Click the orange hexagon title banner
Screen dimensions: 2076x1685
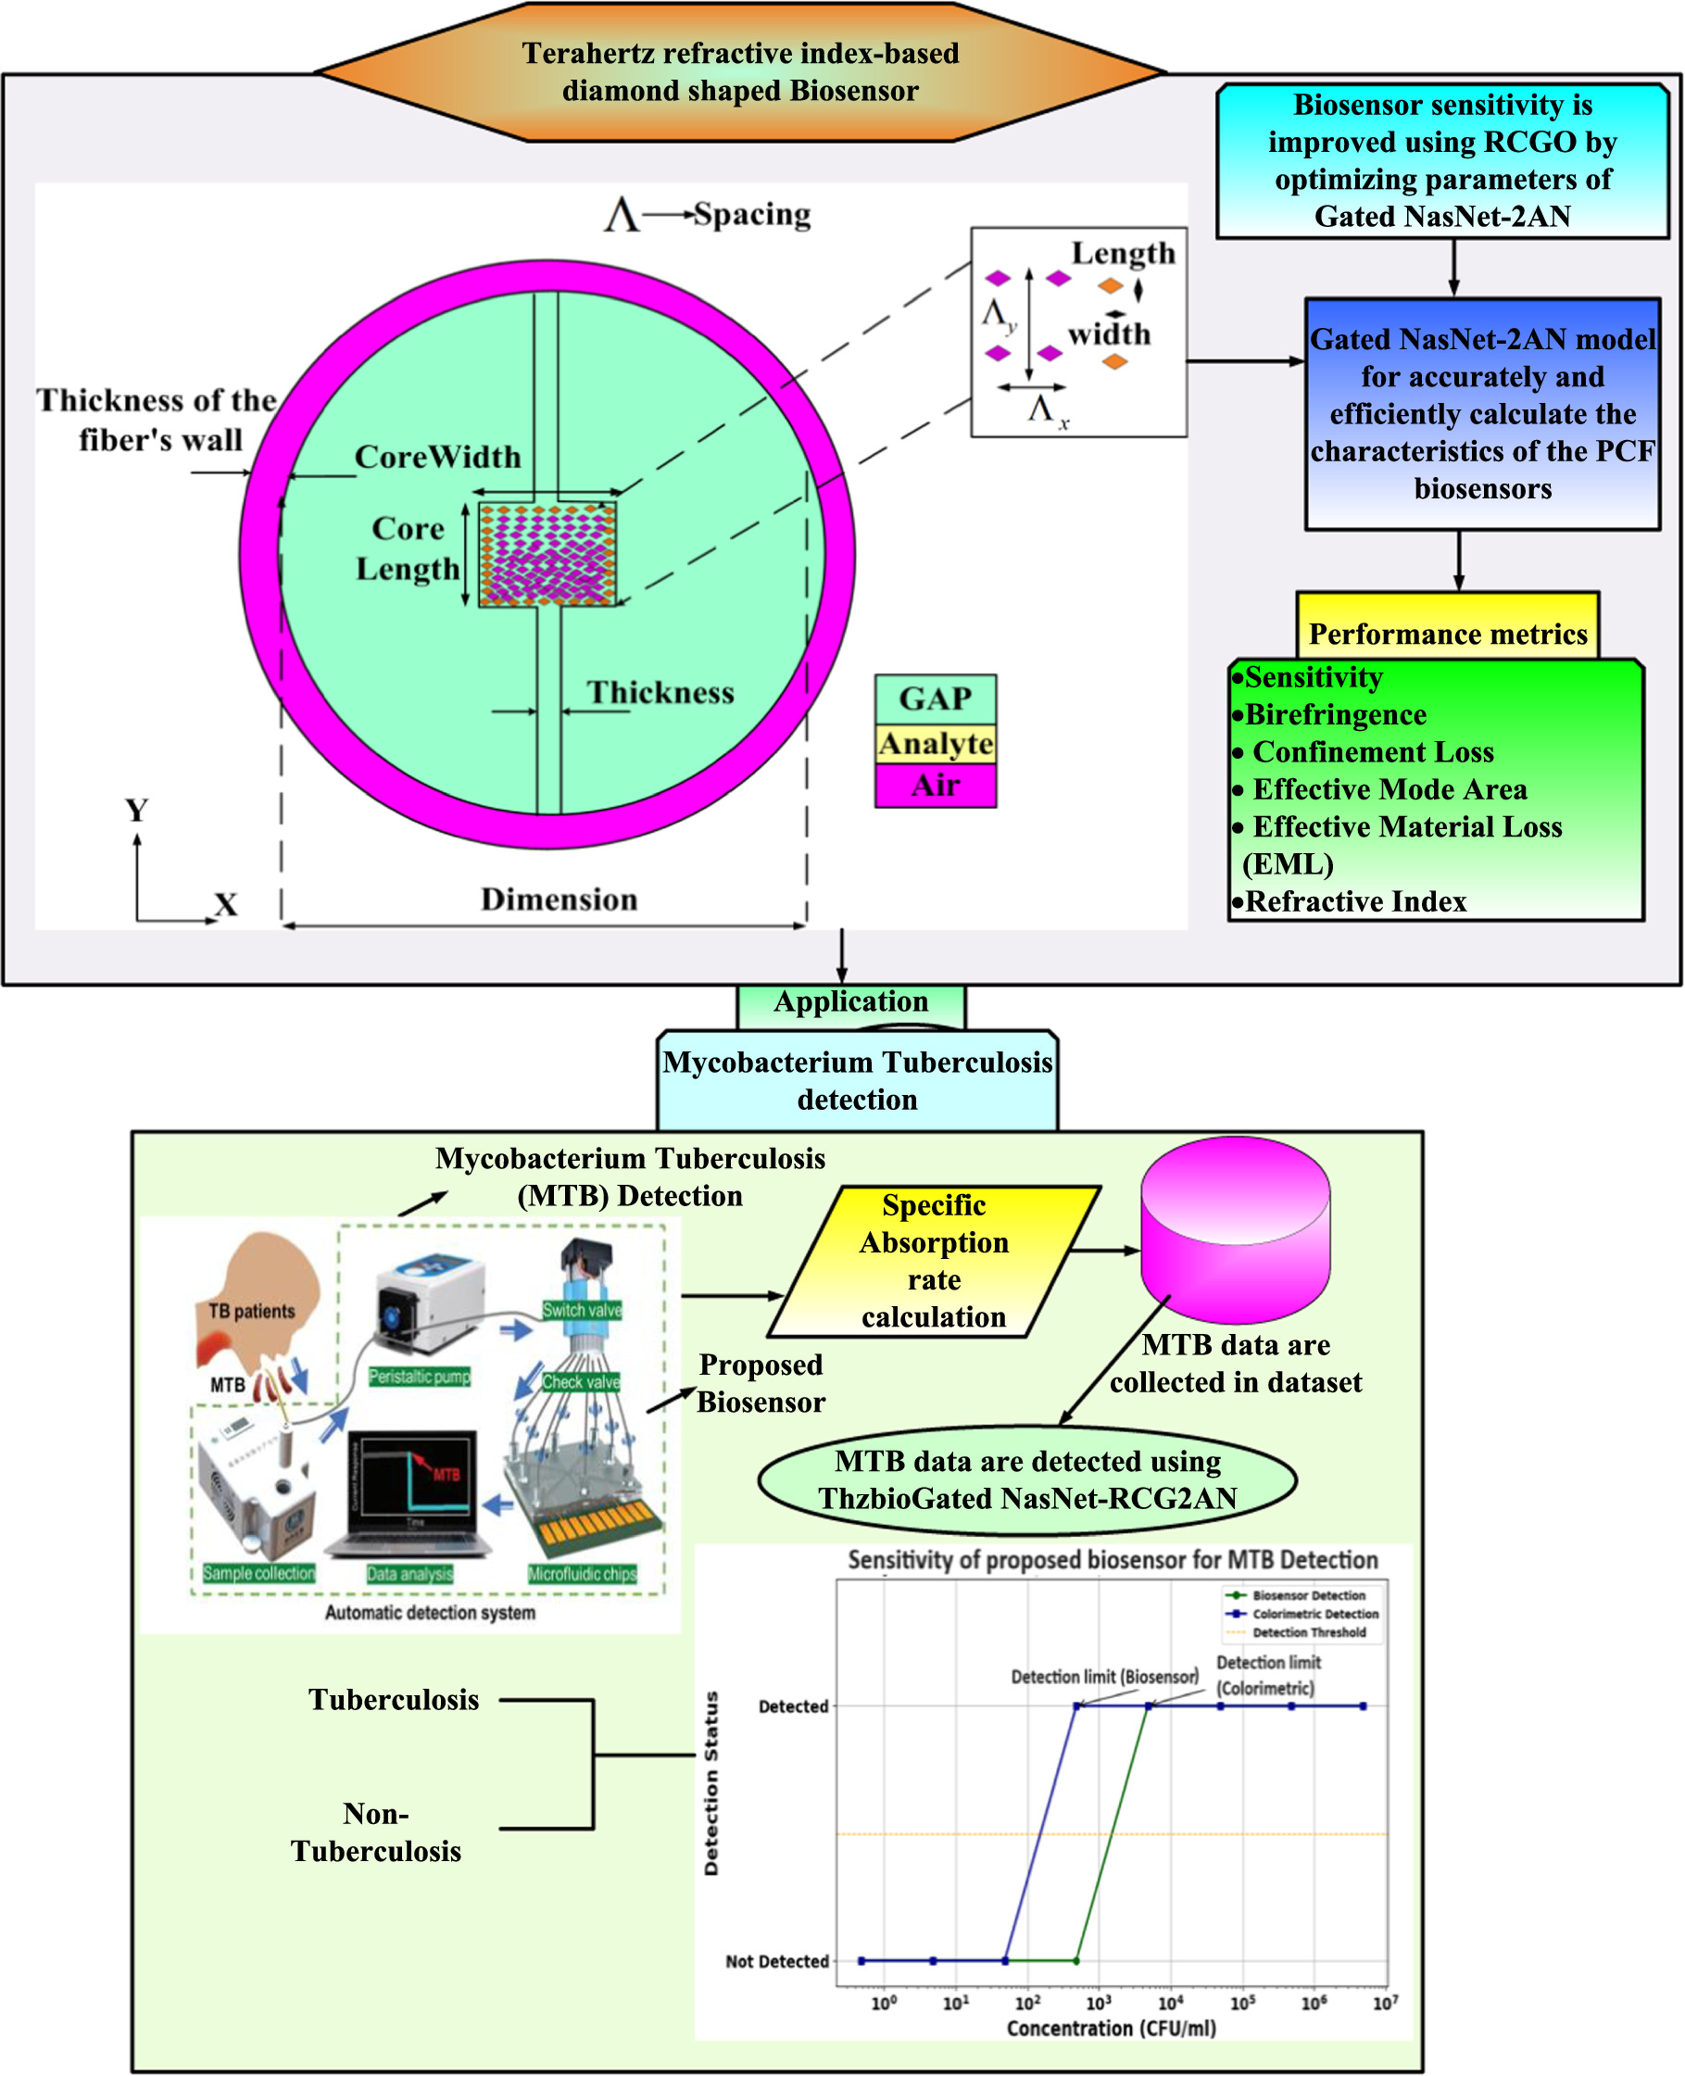click(x=739, y=72)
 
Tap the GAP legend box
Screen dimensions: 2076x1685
click(x=935, y=698)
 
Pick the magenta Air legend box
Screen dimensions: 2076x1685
click(x=935, y=785)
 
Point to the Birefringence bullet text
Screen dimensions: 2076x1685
click(x=1336, y=714)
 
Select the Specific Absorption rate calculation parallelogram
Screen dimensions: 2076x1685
click(x=934, y=1261)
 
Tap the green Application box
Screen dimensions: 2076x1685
click(x=850, y=1002)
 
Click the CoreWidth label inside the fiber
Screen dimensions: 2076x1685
click(x=437, y=456)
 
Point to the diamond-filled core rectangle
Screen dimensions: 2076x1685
click(x=547, y=554)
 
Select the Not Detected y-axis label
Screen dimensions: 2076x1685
click(x=776, y=1960)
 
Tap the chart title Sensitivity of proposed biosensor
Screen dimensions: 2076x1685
click(x=1113, y=1560)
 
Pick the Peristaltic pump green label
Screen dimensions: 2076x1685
click(x=420, y=1377)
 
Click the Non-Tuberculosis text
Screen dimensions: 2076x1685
click(x=376, y=1832)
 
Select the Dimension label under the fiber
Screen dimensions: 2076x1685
click(x=560, y=899)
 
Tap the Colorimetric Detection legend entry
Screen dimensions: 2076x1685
click(x=1314, y=1614)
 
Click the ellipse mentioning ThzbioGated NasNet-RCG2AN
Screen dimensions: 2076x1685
click(x=1027, y=1479)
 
